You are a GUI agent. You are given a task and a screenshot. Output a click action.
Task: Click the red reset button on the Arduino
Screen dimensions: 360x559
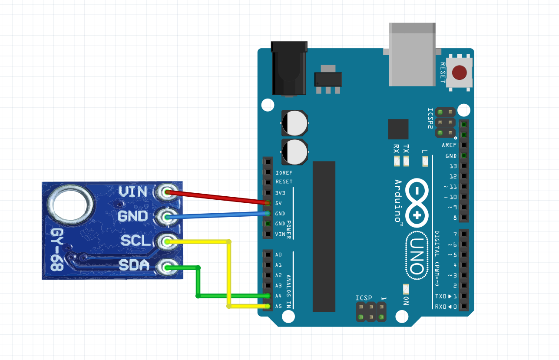point(460,73)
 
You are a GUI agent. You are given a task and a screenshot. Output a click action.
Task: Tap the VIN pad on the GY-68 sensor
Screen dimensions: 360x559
point(166,192)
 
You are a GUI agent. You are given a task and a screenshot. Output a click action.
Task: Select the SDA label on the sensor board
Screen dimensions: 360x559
point(134,265)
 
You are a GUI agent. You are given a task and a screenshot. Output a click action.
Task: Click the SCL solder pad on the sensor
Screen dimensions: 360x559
point(166,241)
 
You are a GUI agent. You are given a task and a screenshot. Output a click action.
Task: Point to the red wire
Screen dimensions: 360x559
point(217,197)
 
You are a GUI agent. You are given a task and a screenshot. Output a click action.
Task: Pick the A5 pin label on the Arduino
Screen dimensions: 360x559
point(278,306)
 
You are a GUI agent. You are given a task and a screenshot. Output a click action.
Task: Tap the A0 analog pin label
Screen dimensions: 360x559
point(278,254)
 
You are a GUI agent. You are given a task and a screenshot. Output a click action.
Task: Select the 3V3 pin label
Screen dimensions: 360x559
point(281,192)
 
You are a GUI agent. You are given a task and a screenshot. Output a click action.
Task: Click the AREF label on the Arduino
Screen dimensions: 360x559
point(449,145)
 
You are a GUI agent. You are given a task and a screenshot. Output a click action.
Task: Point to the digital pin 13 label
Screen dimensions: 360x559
point(453,166)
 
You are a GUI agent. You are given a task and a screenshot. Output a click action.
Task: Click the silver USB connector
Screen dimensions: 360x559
point(412,54)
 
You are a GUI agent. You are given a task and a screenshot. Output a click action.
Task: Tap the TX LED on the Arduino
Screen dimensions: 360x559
point(406,162)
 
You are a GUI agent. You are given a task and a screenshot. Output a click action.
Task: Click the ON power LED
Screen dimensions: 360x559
point(406,289)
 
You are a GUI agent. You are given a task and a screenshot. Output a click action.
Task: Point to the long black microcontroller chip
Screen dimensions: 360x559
point(324,236)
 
